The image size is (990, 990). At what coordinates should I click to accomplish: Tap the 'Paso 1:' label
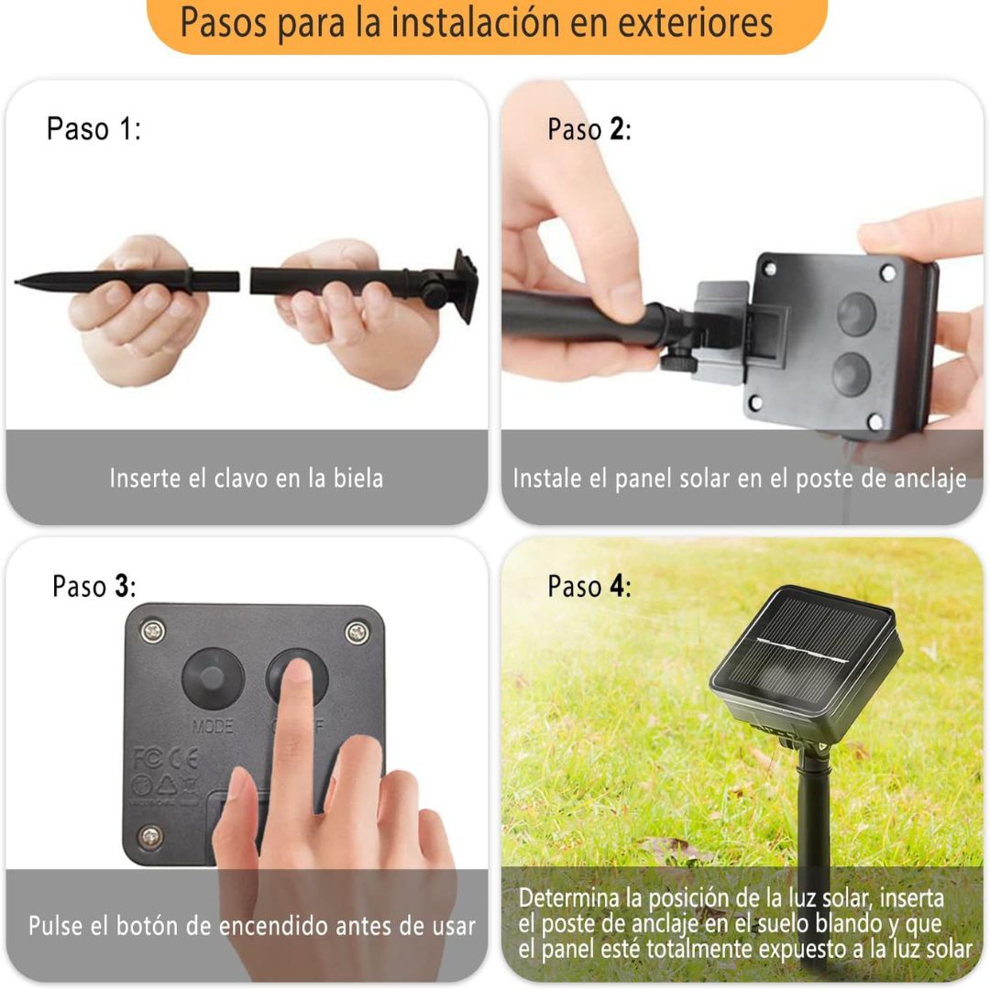[x=93, y=129]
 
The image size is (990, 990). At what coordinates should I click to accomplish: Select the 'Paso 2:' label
[x=589, y=129]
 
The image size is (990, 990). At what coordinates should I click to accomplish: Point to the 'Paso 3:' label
[x=94, y=586]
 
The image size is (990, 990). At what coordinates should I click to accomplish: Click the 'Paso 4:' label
[x=589, y=586]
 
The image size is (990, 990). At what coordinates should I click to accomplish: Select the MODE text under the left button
[x=213, y=727]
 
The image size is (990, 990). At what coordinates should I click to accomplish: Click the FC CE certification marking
[x=166, y=758]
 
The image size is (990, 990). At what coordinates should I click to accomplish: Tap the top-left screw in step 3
[x=153, y=631]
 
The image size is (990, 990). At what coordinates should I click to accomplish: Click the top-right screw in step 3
[x=357, y=631]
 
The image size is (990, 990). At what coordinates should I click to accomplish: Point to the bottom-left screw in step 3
[x=151, y=837]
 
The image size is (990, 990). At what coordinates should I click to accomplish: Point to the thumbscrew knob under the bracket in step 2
[x=676, y=364]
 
